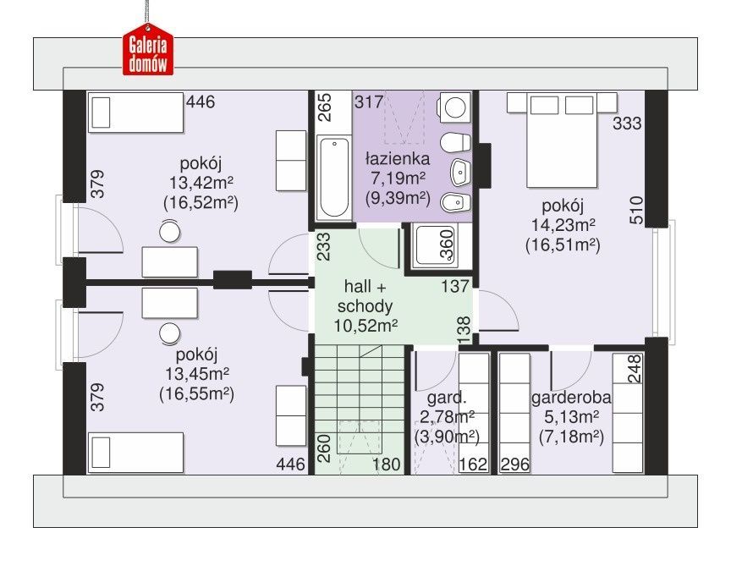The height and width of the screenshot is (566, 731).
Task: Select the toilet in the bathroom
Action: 455,143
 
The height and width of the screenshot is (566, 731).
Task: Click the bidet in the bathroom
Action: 455,202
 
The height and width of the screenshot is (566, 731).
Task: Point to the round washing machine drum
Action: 455,107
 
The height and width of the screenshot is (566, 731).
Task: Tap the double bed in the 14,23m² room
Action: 562,140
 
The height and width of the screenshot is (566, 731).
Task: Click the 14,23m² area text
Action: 563,225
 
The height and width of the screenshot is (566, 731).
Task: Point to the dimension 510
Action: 636,211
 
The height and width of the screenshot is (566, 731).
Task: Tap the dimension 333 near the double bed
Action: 627,124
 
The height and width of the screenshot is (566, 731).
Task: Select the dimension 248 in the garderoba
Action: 635,369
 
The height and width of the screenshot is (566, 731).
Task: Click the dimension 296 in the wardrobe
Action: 515,464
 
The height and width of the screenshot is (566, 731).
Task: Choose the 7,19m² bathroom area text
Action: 398,179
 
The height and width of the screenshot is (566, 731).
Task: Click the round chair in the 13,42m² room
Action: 170,232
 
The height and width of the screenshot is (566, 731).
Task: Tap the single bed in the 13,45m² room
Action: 135,453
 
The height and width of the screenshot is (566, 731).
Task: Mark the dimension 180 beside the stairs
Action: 386,464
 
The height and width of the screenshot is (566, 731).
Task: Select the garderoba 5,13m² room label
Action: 571,407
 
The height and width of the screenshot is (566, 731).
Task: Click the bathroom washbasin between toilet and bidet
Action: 460,173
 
